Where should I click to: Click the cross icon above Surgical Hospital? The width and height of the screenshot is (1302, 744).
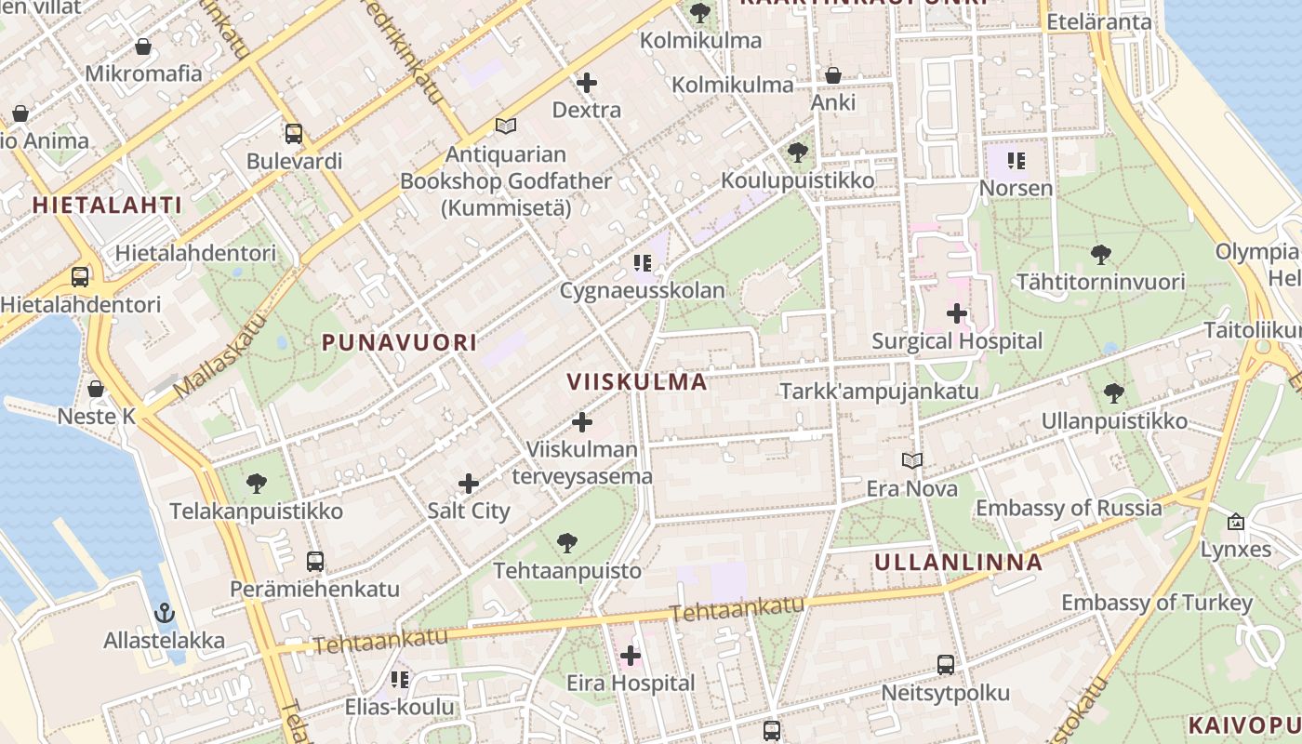[x=956, y=313]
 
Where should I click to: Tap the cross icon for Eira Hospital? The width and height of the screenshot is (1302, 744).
[x=631, y=656]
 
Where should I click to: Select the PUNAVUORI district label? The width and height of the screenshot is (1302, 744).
[x=399, y=342]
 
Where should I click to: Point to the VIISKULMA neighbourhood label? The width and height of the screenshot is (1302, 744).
[x=637, y=382]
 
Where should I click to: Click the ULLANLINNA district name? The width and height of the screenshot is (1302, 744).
[x=959, y=563]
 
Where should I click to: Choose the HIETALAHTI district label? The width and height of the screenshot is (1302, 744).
[x=107, y=206]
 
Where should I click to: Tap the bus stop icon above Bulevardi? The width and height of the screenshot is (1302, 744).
[x=294, y=134]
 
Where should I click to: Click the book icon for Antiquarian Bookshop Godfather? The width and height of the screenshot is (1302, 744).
[x=505, y=126]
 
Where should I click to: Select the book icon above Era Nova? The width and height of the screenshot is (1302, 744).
[x=912, y=460]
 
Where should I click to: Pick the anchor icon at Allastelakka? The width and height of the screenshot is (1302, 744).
[x=164, y=613]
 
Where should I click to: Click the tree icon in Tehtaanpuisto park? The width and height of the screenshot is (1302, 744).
[x=566, y=543]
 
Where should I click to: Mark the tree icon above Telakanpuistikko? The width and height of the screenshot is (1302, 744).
[x=257, y=484]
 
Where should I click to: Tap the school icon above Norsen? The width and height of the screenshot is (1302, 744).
[x=1016, y=161]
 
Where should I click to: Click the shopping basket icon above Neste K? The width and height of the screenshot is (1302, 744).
[x=96, y=389]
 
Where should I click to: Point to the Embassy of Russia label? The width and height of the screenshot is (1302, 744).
[x=1069, y=508]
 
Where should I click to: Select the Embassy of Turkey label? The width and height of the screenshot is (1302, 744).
[x=1157, y=603]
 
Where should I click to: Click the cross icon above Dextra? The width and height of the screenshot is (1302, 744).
[x=586, y=83]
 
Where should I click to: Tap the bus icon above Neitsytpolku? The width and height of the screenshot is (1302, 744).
[x=945, y=665]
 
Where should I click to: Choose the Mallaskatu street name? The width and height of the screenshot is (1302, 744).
[x=219, y=354]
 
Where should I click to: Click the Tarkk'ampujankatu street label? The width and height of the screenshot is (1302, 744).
[x=879, y=391]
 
